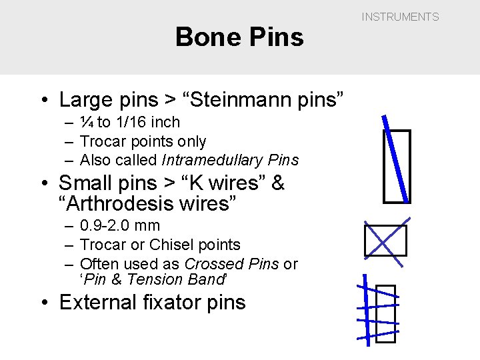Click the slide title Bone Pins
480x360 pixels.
tap(239, 37)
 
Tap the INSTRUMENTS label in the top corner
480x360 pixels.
tap(400, 17)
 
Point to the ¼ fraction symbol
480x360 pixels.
tap(87, 122)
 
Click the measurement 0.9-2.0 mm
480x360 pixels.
tap(120, 225)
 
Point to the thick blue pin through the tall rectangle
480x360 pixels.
tap(395, 159)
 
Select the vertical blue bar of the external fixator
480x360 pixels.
tap(365, 311)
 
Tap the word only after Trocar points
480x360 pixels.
tap(191, 141)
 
